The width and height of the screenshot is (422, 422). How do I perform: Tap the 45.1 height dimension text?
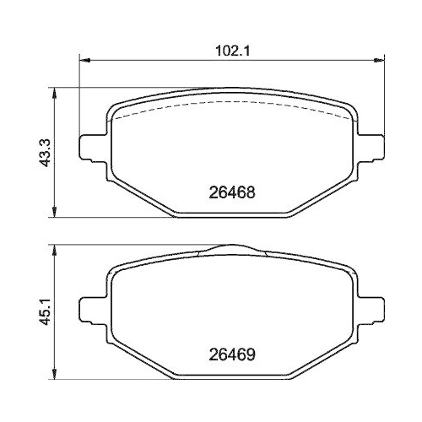pyautogui.click(x=36, y=311)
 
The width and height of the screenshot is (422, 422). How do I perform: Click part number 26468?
pyautogui.click(x=231, y=192)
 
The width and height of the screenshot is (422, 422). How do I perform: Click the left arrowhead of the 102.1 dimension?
pyautogui.click(x=83, y=59)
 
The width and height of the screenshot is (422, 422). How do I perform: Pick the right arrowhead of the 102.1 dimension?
pyautogui.click(x=381, y=59)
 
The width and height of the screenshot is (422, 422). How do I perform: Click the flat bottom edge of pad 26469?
pyautogui.click(x=231, y=376)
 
